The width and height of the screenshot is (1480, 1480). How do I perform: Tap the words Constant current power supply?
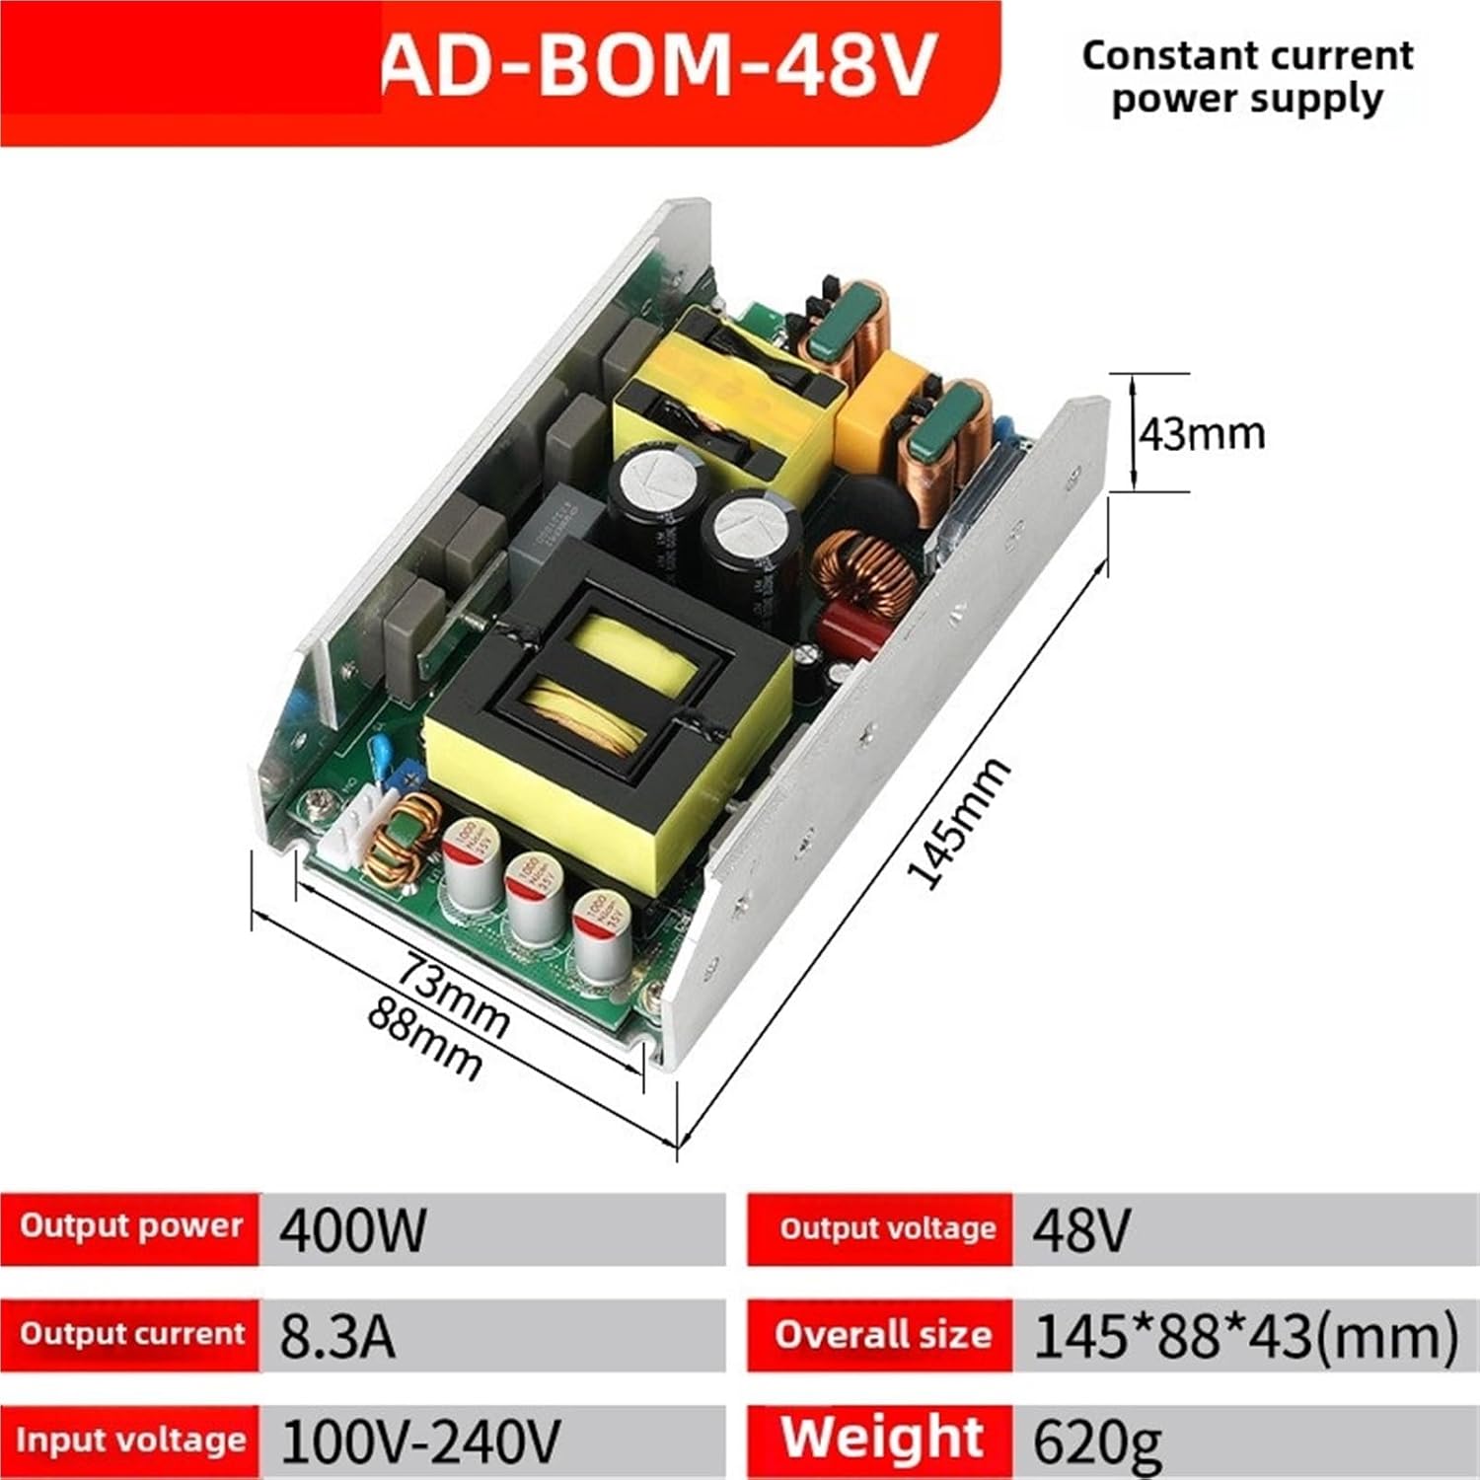point(1247,77)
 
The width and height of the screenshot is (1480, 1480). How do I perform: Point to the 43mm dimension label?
point(1202,433)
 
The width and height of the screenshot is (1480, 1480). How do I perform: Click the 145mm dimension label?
point(958,823)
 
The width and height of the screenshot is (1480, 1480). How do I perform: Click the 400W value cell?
point(353,1229)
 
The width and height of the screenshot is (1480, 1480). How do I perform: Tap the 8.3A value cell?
point(337,1336)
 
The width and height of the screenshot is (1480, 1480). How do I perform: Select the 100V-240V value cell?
point(421,1441)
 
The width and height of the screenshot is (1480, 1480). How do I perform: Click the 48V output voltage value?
point(1080,1229)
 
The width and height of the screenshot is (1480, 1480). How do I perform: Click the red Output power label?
point(130,1226)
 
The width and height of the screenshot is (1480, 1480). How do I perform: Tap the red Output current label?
point(131,1334)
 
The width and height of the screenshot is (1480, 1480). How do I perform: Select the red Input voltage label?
point(130,1441)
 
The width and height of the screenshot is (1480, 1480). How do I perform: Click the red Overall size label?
point(882,1335)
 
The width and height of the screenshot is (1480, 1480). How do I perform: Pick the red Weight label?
point(882,1439)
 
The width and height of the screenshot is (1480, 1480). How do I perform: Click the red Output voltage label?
point(886,1228)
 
